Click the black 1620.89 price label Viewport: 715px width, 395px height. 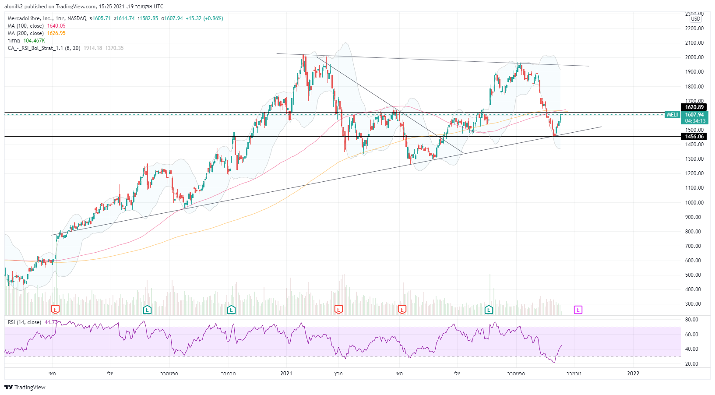pos(694,107)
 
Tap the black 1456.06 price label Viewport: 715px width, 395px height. pos(694,137)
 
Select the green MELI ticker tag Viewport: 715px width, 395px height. pos(672,115)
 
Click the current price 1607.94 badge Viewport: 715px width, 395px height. pos(694,115)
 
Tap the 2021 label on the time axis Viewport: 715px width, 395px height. pos(286,374)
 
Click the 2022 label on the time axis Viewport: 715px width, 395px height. pos(633,374)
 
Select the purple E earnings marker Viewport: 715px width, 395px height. pos(578,310)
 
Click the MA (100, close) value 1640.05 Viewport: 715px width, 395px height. pos(56,26)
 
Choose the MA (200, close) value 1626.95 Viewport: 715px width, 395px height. pos(56,33)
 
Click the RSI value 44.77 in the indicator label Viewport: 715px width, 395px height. pos(51,322)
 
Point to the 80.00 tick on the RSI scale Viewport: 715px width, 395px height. pos(692,320)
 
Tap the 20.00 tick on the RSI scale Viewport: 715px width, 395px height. pos(692,364)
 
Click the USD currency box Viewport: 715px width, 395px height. pos(696,19)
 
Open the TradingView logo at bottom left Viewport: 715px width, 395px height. pos(25,387)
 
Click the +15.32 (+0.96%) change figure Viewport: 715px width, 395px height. pos(204,18)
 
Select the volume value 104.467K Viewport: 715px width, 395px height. pos(34,41)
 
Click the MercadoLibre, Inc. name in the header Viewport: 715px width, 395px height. pos(29,18)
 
